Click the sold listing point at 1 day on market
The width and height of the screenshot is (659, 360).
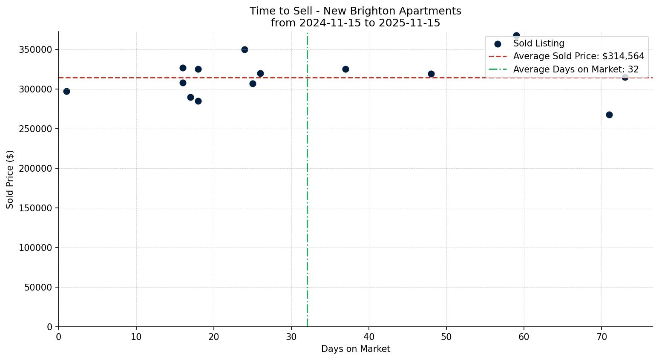(x=66, y=91)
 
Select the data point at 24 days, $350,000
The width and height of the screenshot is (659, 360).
(x=245, y=49)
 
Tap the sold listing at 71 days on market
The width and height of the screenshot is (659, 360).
(x=609, y=115)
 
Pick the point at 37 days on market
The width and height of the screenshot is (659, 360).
(x=345, y=69)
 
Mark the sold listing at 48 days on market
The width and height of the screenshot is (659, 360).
(x=431, y=74)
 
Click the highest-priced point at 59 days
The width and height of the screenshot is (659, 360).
(x=516, y=35)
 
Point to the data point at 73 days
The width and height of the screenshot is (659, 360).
(x=625, y=77)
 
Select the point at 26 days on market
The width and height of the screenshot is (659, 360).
(x=260, y=73)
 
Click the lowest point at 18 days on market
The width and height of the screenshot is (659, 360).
(x=198, y=101)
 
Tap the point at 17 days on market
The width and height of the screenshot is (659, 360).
(x=190, y=97)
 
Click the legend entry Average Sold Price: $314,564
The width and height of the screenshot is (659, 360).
(x=578, y=56)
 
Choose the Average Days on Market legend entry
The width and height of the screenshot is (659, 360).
(x=576, y=69)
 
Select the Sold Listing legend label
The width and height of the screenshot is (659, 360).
(x=538, y=43)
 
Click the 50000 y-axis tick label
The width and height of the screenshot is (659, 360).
(x=38, y=287)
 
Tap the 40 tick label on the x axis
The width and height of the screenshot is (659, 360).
(x=369, y=337)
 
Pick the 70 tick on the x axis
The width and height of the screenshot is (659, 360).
(x=601, y=337)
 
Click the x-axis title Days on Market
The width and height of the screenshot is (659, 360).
(x=355, y=349)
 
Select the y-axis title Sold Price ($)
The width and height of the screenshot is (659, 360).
(x=10, y=179)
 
